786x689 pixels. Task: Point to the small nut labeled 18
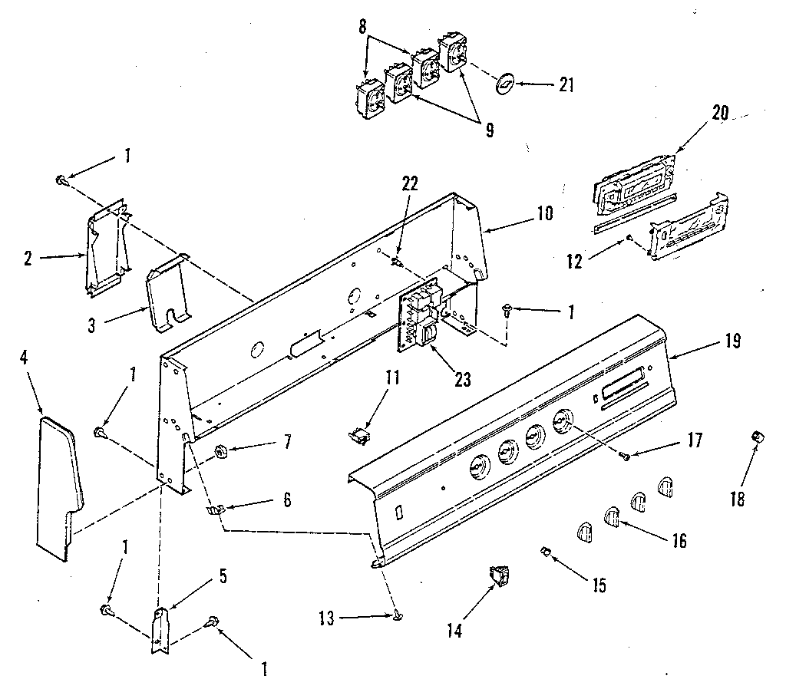tap(756, 437)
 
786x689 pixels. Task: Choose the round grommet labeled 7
tap(223, 451)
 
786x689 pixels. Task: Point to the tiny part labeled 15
tap(547, 550)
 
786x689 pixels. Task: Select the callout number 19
tap(732, 341)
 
